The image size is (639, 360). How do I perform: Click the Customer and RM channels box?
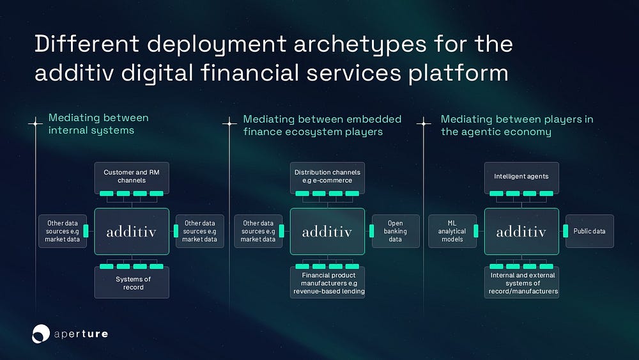pos(132,176)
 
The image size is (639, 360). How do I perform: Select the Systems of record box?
pos(132,283)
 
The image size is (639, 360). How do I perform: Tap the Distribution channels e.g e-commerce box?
pos(327,176)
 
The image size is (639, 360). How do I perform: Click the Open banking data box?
pos(396,231)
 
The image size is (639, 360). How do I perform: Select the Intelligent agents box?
pos(521,176)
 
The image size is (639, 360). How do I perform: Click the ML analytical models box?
pos(452,231)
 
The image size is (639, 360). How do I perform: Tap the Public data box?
pos(590,231)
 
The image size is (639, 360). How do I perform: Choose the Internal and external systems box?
pos(521,283)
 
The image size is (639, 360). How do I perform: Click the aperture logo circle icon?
pos(41,333)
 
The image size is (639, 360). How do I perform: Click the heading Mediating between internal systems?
pos(98,124)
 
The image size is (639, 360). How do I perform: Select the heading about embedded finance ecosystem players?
pos(322,125)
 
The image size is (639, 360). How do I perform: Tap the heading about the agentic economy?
pos(517,125)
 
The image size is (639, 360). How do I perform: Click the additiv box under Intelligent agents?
pos(521,231)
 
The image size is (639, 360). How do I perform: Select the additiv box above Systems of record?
pos(132,231)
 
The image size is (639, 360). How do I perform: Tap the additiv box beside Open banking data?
pos(327,231)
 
